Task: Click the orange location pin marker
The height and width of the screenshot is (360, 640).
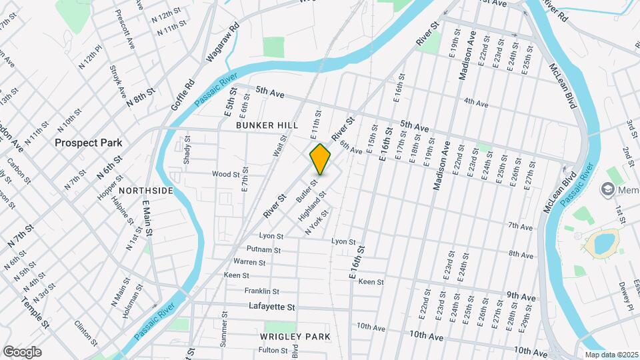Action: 321,159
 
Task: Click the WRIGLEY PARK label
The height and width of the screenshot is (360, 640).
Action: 295,337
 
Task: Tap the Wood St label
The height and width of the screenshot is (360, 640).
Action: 225,174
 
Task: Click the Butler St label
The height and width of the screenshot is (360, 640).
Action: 308,187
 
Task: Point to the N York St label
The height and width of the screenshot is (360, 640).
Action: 317,223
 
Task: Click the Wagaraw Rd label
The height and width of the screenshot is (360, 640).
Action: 223,44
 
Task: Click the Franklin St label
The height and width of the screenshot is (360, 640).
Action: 261,291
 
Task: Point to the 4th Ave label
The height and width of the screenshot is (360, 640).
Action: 476,103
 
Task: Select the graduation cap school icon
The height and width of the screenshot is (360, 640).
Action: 608,191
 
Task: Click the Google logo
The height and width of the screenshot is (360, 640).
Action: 22,351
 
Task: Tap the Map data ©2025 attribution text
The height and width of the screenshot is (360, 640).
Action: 611,355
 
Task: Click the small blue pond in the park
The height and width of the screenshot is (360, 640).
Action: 603,243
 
